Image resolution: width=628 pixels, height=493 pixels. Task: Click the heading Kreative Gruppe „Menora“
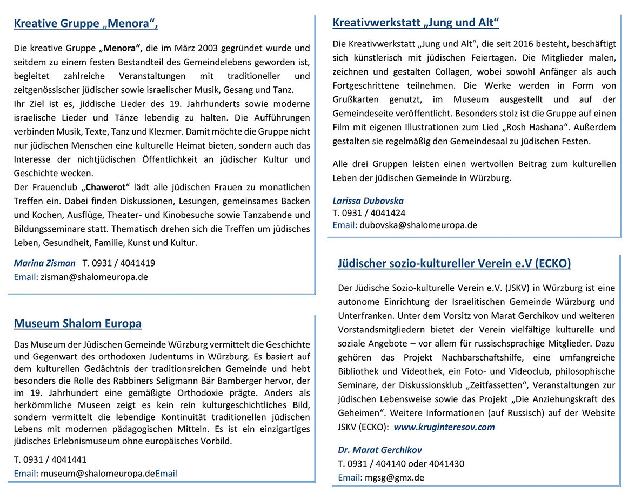coord(85,23)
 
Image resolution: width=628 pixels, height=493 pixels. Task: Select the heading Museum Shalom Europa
coord(77,324)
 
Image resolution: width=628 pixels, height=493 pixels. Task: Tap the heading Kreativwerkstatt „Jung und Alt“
coord(416,23)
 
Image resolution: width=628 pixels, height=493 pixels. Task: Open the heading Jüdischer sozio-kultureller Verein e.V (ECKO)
coord(454,264)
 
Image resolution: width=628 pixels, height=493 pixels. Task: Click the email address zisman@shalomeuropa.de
coord(94,277)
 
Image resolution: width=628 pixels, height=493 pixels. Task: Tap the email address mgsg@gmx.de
coord(394,477)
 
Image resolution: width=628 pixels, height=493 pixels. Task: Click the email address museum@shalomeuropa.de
coord(98,474)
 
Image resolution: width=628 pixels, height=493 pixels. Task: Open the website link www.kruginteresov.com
coord(444,427)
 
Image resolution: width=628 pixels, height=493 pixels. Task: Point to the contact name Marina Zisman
coord(44,263)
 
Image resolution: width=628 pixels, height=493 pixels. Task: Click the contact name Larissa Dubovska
coord(368,201)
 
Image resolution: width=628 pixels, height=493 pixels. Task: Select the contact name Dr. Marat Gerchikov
coord(380,450)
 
